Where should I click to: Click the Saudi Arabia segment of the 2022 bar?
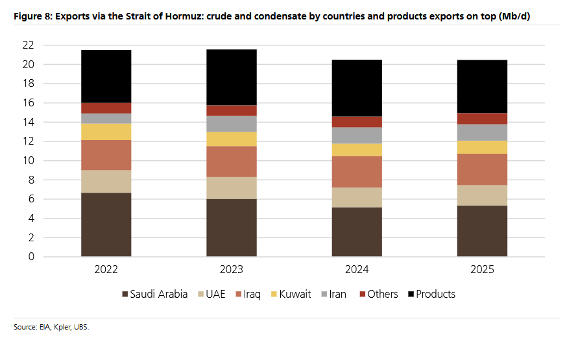coord(106,224)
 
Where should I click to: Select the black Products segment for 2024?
coord(357,88)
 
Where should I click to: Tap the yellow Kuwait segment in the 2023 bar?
coord(232,139)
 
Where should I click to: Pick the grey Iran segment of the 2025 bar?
coord(482,132)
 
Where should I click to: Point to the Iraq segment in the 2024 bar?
coord(357,172)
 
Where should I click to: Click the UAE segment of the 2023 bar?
coord(232,188)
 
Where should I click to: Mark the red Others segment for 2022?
coord(106,108)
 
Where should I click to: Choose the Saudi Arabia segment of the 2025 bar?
coord(482,231)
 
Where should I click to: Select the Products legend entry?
coord(431,294)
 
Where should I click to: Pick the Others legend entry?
coord(378,294)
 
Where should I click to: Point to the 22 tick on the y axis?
coord(28,45)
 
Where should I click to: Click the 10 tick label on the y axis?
coord(28,161)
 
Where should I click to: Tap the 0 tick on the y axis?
coord(30,257)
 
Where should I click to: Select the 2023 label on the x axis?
coord(232,269)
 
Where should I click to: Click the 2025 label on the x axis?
coord(482,269)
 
